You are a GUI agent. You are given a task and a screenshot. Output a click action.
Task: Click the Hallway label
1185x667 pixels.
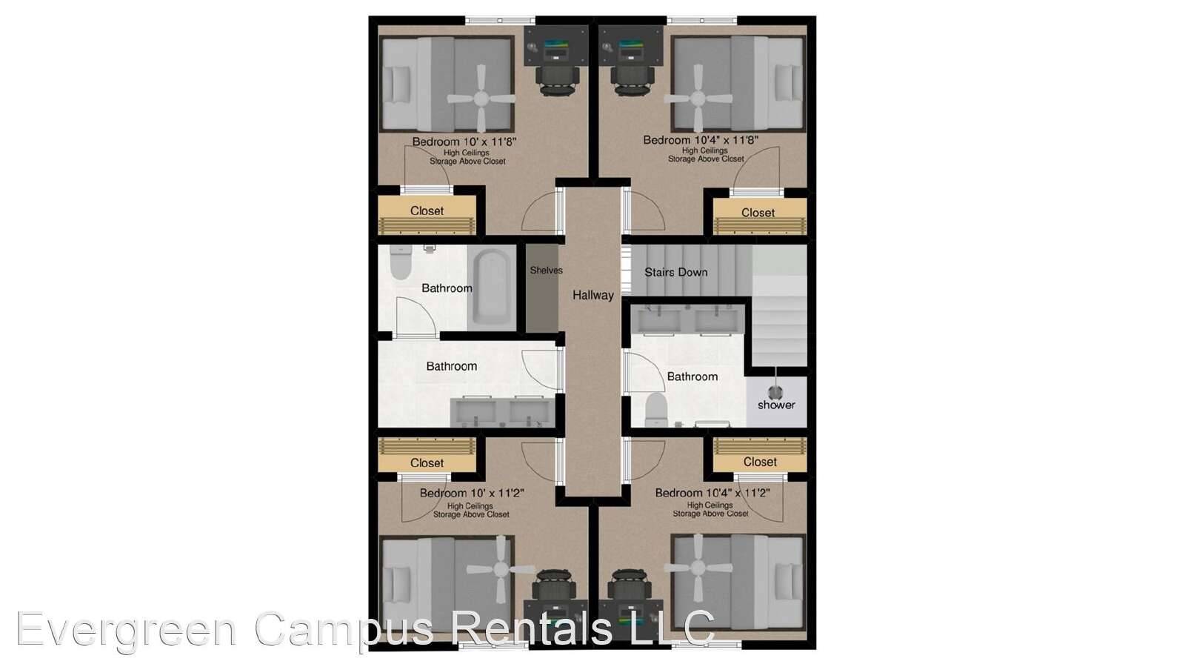(x=592, y=295)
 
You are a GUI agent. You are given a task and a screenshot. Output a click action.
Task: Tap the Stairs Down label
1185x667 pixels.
(x=675, y=272)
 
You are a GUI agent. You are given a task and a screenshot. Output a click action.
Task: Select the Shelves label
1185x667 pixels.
(x=546, y=271)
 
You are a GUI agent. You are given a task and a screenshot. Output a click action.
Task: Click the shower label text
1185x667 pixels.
(x=776, y=405)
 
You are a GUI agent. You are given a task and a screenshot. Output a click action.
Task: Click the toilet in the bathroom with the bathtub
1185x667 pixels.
(x=401, y=263)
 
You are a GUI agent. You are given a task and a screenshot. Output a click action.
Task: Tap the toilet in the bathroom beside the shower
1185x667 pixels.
(x=655, y=409)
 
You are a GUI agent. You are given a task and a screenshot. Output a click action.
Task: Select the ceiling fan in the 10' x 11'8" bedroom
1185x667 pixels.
(x=482, y=97)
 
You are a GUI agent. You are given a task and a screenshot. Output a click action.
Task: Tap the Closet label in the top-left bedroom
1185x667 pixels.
(x=427, y=211)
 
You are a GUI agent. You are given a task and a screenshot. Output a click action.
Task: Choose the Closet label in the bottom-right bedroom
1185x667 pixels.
(x=760, y=462)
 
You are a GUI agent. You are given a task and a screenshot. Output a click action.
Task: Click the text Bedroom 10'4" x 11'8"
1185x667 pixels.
(x=701, y=140)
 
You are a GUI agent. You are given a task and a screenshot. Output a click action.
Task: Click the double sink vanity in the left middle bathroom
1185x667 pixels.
(x=502, y=411)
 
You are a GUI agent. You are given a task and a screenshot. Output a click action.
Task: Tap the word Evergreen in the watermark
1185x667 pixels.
(x=126, y=629)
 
